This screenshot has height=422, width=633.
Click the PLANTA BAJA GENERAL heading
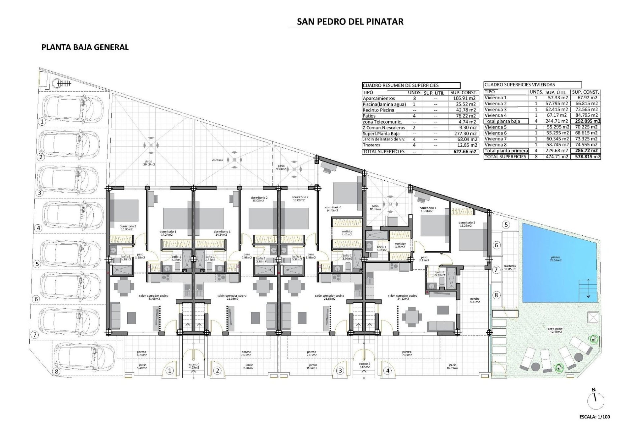tap(85, 47)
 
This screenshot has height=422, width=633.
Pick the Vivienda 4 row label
tap(496, 115)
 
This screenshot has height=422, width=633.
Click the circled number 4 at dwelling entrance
tap(388, 371)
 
